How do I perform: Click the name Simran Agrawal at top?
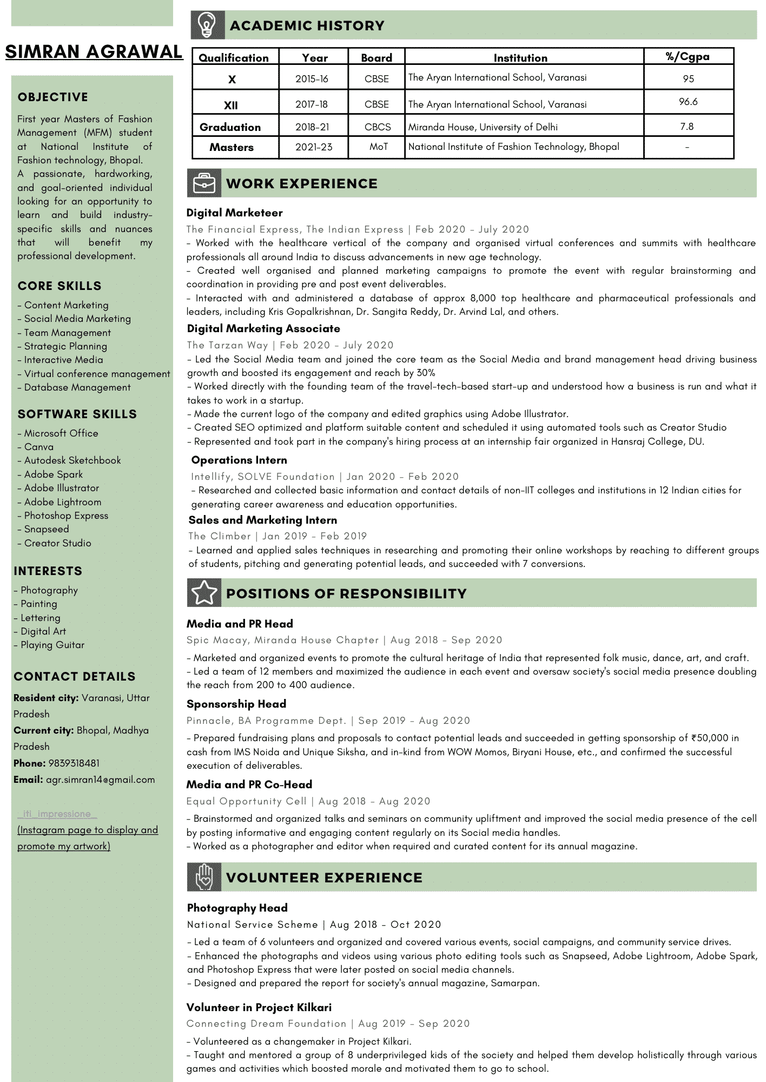tap(94, 52)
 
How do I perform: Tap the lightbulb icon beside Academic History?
tap(207, 25)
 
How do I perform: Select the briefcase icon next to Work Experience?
tap(204, 183)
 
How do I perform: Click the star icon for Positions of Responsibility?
tap(204, 593)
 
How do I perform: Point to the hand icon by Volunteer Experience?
tap(204, 877)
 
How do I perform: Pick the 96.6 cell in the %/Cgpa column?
tap(688, 102)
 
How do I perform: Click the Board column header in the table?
tap(377, 57)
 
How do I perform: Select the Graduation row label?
tap(230, 127)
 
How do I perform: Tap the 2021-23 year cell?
tap(314, 147)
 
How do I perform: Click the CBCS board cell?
tap(378, 127)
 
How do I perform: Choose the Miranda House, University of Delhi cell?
tap(483, 127)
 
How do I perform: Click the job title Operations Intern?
tap(239, 460)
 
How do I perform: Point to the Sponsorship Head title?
tap(236, 704)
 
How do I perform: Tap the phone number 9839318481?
tap(74, 763)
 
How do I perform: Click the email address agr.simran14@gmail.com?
tap(100, 780)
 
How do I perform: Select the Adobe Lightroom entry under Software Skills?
tap(62, 502)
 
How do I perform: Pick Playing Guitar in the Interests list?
tap(52, 645)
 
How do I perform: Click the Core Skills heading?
tap(60, 286)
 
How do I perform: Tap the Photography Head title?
tap(237, 908)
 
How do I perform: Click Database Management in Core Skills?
tap(77, 387)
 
